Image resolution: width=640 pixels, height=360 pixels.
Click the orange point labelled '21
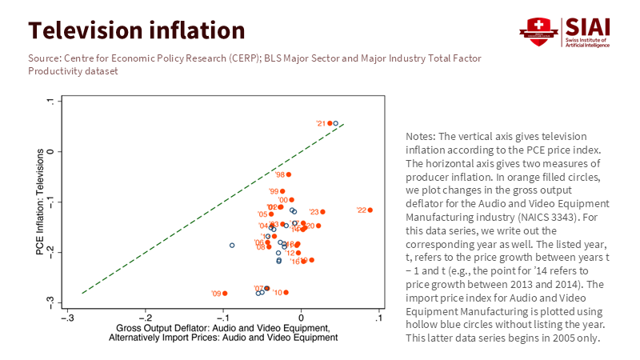click(x=330, y=123)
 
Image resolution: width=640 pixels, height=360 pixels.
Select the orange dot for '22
click(x=370, y=210)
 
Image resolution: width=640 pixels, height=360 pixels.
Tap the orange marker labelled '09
click(x=225, y=294)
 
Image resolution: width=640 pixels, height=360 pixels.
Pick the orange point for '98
click(x=289, y=174)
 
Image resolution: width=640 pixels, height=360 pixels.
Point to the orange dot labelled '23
click(x=322, y=212)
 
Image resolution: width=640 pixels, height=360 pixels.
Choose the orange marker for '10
click(x=286, y=293)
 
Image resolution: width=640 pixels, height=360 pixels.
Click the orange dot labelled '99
click(x=282, y=191)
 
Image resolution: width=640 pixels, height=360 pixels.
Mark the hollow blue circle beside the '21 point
click(x=336, y=123)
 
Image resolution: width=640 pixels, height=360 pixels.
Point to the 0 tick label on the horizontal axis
click(x=301, y=318)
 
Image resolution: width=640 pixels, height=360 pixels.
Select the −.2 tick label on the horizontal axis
click(x=144, y=318)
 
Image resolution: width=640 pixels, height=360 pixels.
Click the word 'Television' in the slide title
click(x=86, y=30)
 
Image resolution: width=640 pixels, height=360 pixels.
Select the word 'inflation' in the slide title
click(x=197, y=30)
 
